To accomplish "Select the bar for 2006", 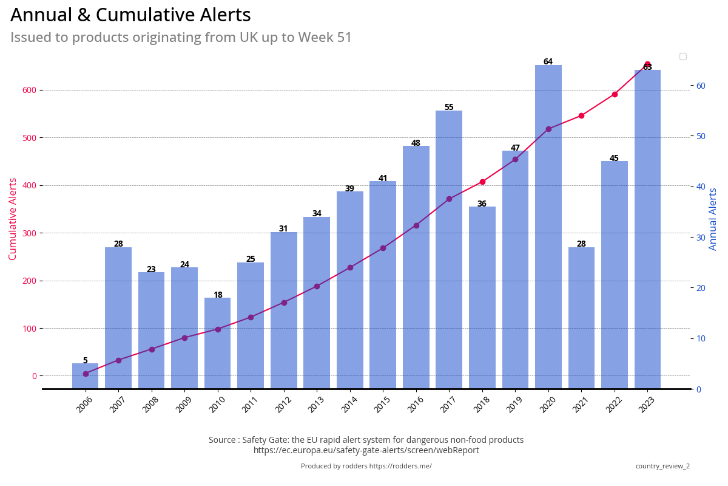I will [86, 376].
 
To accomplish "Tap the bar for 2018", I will [482, 297].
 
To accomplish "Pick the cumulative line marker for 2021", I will [581, 115].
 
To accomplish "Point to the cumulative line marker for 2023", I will [647, 64].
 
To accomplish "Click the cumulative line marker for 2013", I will [317, 286].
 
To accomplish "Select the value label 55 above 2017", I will [449, 108].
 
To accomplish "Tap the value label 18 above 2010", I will [218, 295].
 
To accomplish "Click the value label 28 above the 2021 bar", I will [581, 244].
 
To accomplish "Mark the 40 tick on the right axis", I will [701, 187].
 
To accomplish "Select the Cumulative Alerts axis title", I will [13, 219].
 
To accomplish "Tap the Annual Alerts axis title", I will [713, 219].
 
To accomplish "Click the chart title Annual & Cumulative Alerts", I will [130, 15].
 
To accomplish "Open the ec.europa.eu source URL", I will [366, 450].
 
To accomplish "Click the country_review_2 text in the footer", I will [662, 466].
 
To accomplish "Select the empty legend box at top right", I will [682, 56].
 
